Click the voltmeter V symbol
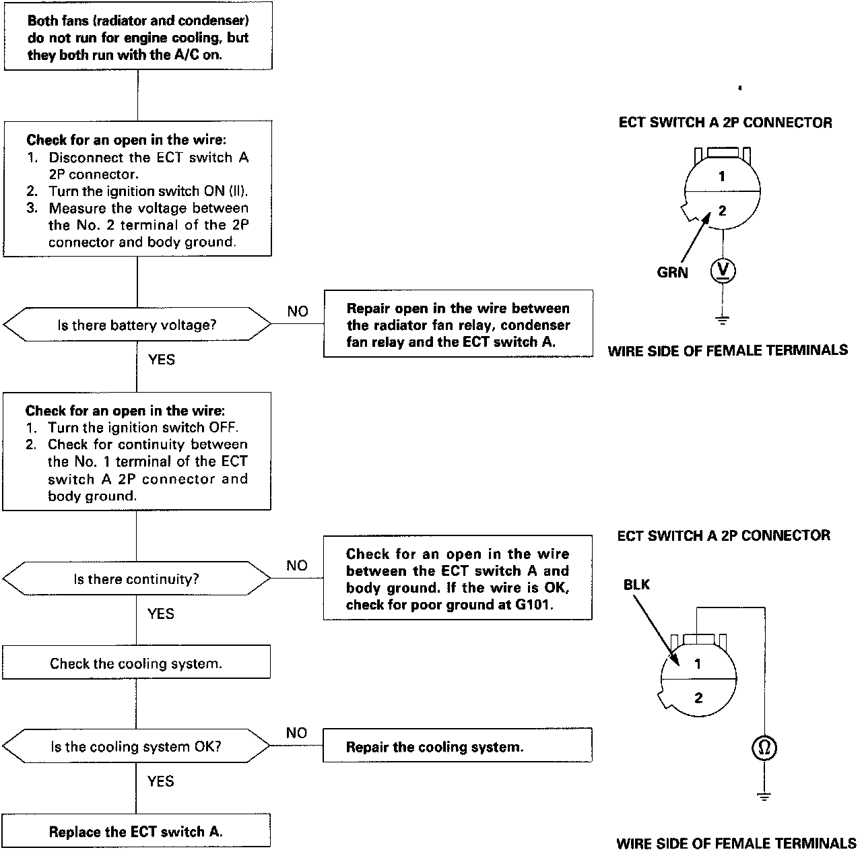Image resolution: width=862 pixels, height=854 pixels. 723,271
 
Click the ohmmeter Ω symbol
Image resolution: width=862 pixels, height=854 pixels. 764,748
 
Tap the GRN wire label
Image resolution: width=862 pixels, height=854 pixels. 672,273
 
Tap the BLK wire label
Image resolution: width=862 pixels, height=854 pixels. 636,585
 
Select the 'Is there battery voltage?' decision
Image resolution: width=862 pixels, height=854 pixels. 137,325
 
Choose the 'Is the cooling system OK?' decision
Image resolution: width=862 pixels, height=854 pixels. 136,746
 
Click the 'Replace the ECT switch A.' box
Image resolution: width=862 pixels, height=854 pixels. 136,831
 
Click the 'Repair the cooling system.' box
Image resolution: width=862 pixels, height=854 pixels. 457,746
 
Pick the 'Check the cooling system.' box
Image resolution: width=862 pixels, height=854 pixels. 136,663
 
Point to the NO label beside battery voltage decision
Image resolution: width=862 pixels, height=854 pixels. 297,311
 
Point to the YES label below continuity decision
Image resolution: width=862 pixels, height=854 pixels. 161,614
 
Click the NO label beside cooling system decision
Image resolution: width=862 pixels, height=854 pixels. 296,733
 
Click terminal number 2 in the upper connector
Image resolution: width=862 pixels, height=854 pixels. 722,211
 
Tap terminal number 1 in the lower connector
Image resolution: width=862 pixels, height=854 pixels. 698,663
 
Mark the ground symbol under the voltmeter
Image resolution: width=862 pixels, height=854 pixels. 723,319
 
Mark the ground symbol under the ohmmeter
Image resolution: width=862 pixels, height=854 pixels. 764,796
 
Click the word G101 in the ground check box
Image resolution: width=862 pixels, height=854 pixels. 533,605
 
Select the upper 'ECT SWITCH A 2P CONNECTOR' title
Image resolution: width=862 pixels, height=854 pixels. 725,123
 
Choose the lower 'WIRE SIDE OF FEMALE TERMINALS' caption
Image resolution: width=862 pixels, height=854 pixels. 736,843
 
